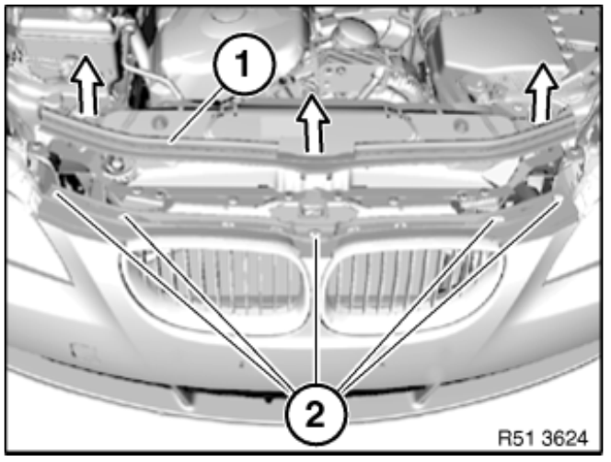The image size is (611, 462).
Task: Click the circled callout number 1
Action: [x=246, y=64]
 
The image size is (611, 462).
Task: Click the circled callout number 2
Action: [x=316, y=414]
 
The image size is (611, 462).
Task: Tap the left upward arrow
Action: [x=86, y=85]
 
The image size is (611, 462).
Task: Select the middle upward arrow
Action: [x=313, y=123]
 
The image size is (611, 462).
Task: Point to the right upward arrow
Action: [x=541, y=91]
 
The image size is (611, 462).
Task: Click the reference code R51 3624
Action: [x=543, y=439]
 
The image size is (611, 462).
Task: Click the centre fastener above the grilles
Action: [x=316, y=235]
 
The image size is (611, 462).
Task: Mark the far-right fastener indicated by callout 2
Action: [x=560, y=198]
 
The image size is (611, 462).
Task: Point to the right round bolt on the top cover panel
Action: [x=460, y=126]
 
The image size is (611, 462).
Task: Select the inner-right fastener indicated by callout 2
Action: [x=497, y=220]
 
